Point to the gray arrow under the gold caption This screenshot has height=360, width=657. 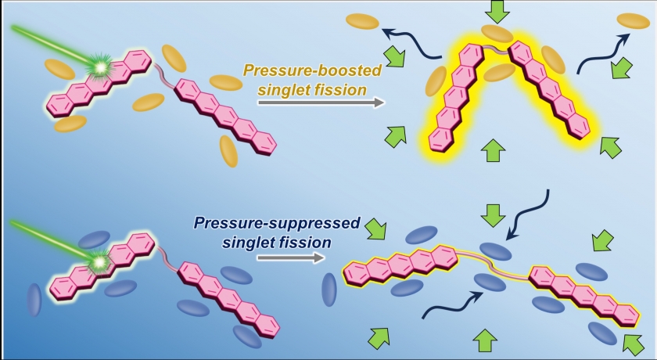click(x=321, y=103)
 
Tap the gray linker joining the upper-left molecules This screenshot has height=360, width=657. click(x=165, y=74)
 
